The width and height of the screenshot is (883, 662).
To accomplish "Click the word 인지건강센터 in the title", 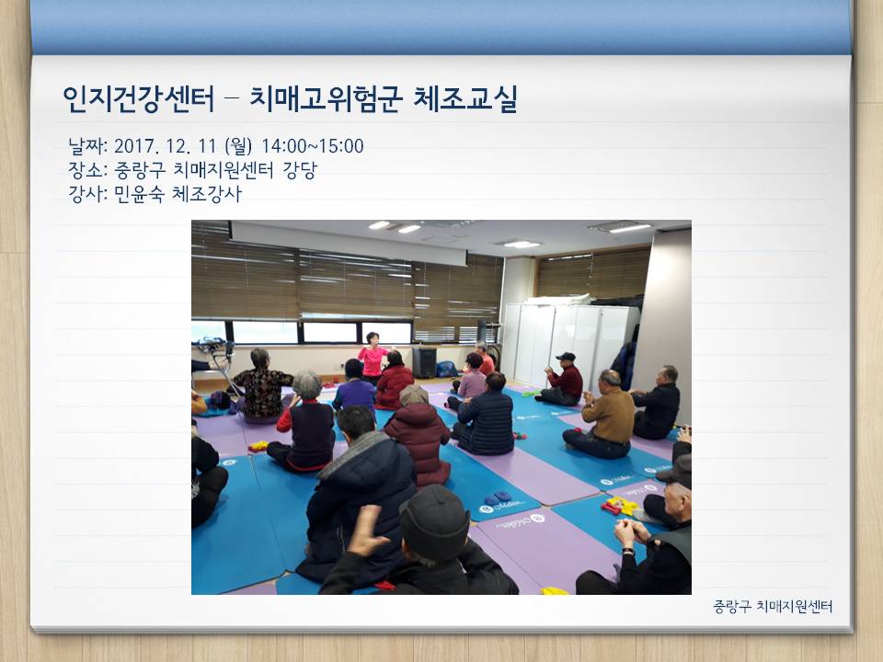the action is (139, 99).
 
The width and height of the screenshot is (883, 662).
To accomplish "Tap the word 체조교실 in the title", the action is (465, 99).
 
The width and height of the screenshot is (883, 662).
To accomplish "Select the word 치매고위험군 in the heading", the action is (326, 99).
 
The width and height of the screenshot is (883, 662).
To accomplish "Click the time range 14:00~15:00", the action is (312, 146).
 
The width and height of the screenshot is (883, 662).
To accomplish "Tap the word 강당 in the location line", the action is (300, 170).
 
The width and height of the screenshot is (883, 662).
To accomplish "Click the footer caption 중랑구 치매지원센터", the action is (773, 606).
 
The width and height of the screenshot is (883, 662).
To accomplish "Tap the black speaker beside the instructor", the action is (424, 362).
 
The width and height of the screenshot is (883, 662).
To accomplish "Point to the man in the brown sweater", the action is (603, 416).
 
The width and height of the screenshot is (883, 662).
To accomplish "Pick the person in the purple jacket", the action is (353, 388).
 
